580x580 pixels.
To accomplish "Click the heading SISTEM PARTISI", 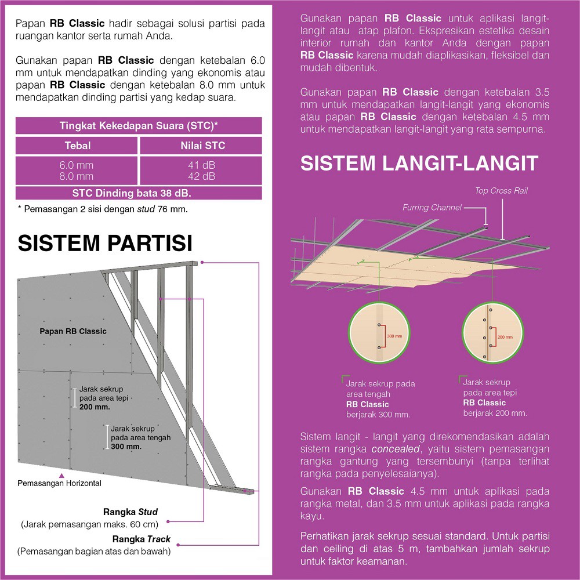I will pos(105,242).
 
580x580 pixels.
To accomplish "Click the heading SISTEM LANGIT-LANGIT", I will pos(419,163).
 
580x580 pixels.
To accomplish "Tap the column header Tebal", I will pos(77,146).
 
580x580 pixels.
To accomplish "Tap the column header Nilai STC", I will pos(200,146).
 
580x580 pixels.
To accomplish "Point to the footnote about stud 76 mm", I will pos(102,208).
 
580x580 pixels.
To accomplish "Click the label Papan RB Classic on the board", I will pos(73,331).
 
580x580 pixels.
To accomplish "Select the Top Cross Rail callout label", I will pos(501,190).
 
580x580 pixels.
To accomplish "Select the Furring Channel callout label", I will pos(432,207).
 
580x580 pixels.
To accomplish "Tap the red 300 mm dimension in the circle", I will pos(394,336).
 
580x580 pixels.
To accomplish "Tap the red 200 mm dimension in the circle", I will pos(505,336).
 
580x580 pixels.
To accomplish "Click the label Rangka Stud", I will pos(130,512).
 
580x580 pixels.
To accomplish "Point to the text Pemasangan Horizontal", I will pos(60,483).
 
